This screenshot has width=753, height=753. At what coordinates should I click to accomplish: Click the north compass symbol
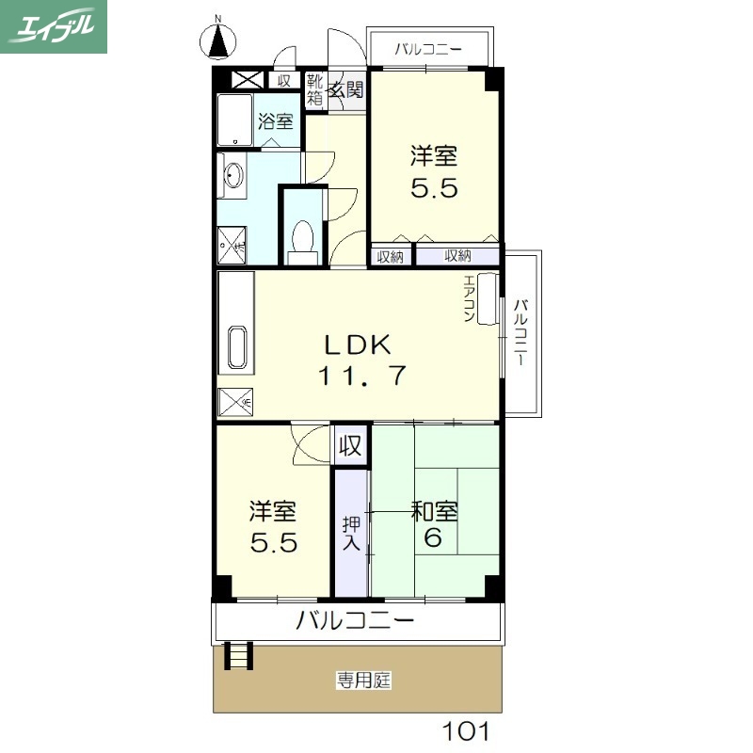pos(219,40)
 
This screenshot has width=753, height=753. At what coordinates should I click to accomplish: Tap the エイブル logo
pos(54,26)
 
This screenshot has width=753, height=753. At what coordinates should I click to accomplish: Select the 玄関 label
pos(346,90)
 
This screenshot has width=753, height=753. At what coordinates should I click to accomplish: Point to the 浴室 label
pos(276,121)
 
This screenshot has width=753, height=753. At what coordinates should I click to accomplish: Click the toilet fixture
pos(303,238)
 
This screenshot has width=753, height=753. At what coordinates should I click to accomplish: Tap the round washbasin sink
pos(233,175)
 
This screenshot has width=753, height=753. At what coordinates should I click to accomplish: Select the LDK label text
pos(358,344)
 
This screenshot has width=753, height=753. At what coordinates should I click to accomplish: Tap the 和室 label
pos(435,512)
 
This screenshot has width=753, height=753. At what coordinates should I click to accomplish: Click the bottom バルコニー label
pos(356,620)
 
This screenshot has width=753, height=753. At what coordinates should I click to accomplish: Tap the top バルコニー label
pos(428,48)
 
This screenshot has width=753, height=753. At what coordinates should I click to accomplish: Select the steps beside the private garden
pos(239,653)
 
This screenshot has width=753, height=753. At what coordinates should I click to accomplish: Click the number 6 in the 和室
pos(433,539)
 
